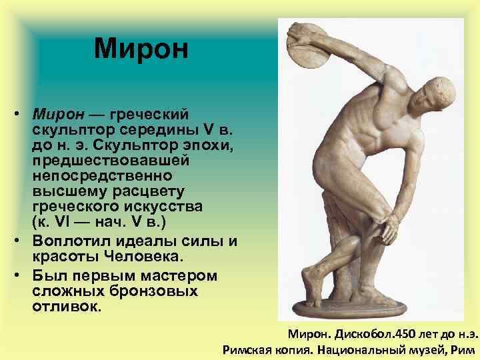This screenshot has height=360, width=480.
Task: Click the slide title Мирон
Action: click(x=141, y=48)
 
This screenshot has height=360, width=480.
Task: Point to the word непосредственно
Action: click(x=101, y=177)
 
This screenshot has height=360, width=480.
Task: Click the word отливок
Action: click(x=65, y=307)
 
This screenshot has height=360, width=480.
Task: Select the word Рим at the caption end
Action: click(x=465, y=349)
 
